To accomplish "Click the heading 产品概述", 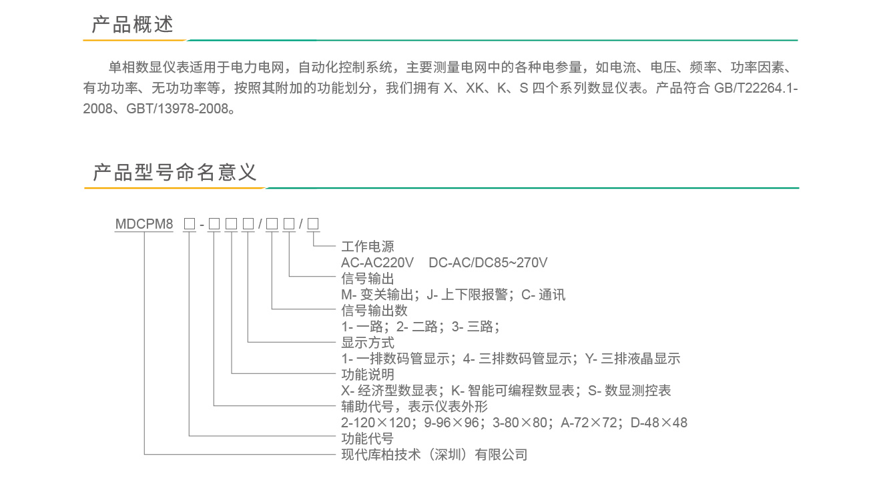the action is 132,25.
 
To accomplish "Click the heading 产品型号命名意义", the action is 175,173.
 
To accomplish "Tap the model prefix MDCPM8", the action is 144,224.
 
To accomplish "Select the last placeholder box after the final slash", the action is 313,224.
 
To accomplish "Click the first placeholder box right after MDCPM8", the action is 190,224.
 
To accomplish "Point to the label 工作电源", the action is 367,247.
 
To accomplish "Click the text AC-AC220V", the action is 377,263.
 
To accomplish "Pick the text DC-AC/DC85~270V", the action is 488,263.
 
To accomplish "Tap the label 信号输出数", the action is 374,310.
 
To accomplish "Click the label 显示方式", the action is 367,343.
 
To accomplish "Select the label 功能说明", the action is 367,375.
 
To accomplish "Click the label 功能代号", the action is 367,438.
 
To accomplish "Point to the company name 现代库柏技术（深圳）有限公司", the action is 434,455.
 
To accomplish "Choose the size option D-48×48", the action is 659,423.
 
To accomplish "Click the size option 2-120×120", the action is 376,423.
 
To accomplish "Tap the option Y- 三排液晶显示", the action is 633,359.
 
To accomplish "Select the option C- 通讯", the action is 543,295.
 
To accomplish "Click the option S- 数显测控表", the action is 629,391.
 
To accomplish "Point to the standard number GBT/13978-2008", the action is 177,109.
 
